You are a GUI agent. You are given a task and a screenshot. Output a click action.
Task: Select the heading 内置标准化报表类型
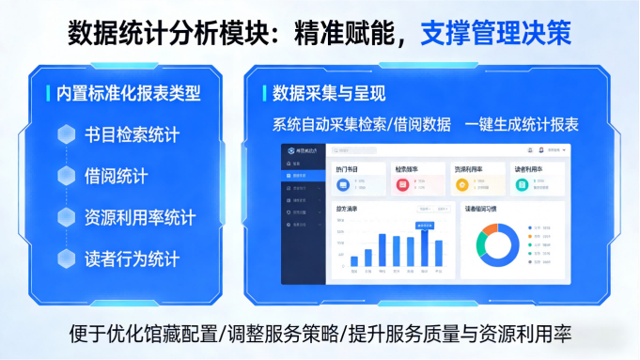tap(129, 93)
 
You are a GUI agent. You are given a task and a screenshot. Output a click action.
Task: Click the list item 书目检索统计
tap(132, 134)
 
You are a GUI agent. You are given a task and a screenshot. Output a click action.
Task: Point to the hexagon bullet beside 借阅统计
tap(67, 176)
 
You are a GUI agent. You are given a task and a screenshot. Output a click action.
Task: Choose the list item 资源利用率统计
tap(140, 217)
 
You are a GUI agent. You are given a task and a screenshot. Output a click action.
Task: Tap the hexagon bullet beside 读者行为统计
tap(67, 258)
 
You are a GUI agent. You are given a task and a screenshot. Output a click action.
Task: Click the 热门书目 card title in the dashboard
tap(348, 168)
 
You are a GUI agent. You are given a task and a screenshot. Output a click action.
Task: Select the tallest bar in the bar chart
tap(425, 248)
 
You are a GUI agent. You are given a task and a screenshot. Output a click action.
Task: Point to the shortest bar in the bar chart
tap(354, 261)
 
